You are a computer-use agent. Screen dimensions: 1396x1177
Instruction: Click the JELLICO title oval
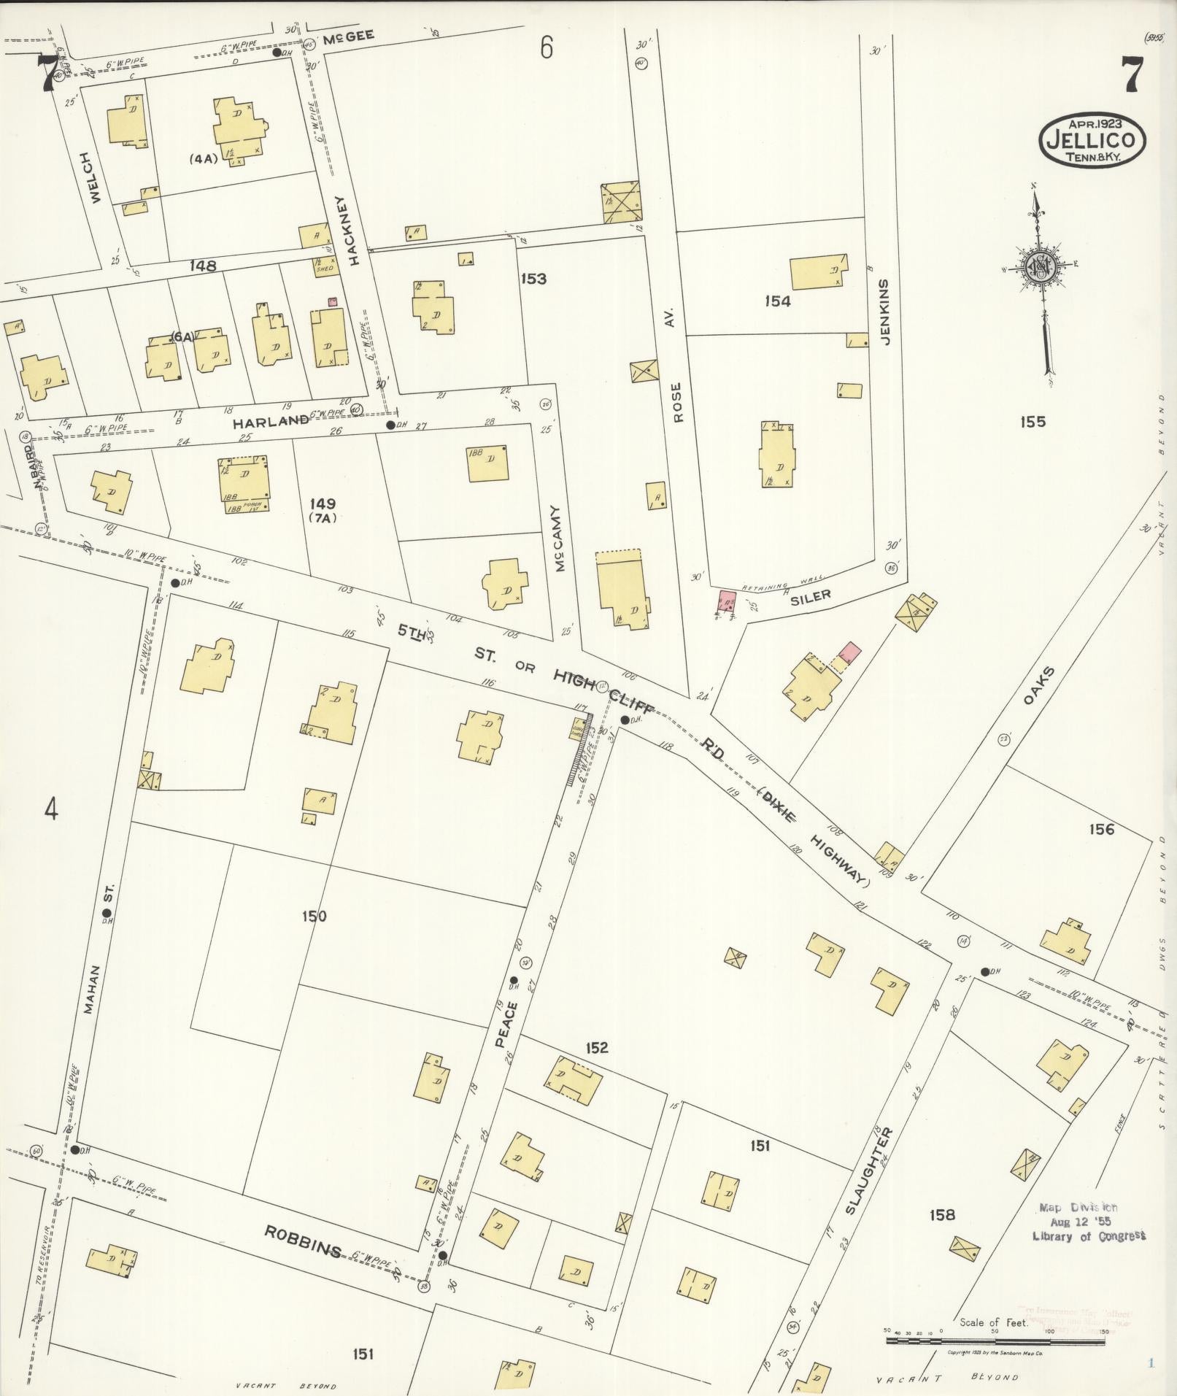coord(1092,139)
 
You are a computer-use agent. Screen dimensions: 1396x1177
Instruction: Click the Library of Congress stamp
coord(1088,1222)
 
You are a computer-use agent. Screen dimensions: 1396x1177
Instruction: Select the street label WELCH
coord(90,177)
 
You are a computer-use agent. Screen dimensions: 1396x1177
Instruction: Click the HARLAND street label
coord(271,421)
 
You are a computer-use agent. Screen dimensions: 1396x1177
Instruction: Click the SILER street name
coord(811,596)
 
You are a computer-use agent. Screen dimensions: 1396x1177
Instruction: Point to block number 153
coord(533,279)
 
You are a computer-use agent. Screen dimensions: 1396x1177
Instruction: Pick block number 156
coord(1100,829)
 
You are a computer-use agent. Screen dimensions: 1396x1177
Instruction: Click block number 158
coord(941,1215)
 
